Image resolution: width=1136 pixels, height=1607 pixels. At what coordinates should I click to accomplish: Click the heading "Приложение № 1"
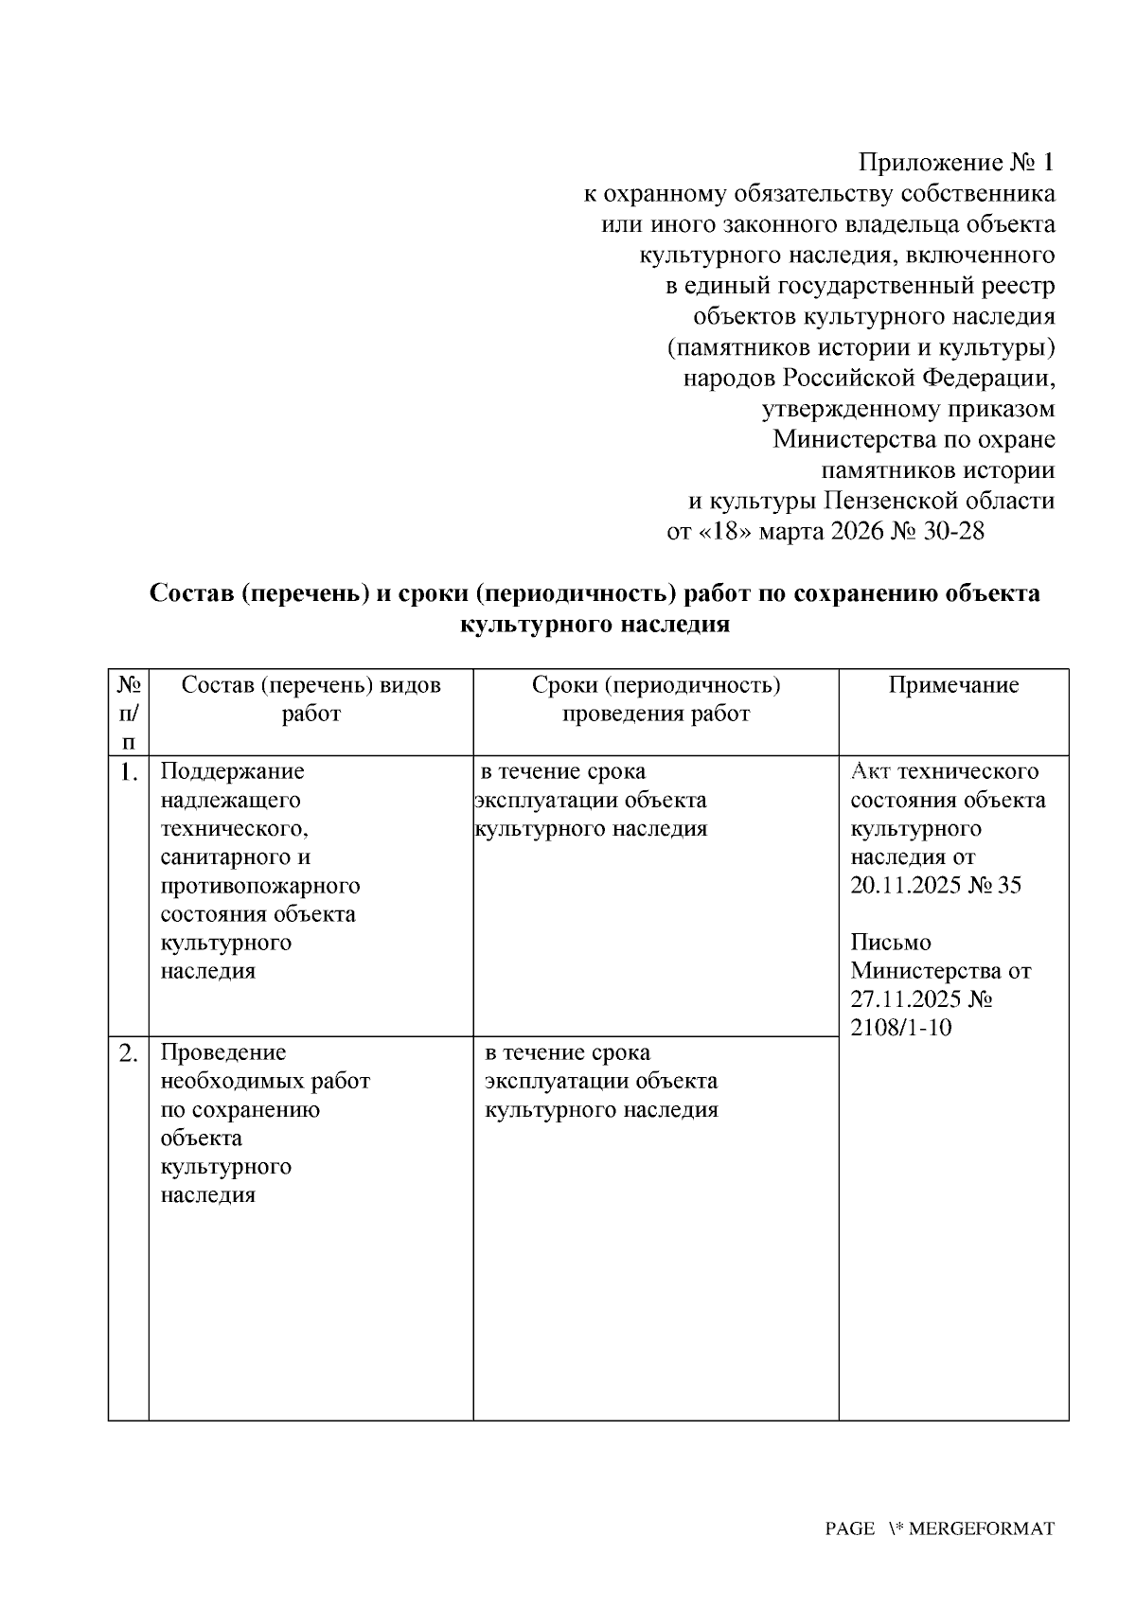point(955,163)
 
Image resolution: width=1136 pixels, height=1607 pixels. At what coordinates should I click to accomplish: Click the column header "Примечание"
point(953,685)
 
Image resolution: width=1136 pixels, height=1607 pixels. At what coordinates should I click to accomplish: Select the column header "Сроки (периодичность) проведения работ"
point(655,699)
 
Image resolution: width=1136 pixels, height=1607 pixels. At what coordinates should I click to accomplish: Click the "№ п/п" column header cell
point(129,712)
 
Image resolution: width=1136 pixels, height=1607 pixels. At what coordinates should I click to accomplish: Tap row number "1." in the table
point(130,773)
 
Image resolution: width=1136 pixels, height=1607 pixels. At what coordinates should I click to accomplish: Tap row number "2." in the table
point(130,1053)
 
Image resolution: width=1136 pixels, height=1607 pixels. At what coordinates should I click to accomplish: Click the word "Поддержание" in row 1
point(233,771)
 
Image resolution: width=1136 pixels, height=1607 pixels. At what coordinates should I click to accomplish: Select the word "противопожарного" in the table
point(260,886)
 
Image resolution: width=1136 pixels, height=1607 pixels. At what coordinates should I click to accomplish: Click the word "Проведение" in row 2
point(223,1052)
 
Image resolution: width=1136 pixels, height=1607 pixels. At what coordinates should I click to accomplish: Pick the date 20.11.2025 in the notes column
point(905,886)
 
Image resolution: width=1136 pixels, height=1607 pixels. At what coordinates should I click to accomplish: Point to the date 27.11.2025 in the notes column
point(905,999)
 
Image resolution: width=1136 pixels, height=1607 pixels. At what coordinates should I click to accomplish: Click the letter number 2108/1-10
point(900,1028)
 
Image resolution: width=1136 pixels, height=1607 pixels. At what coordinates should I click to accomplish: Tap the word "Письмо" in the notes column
point(890,943)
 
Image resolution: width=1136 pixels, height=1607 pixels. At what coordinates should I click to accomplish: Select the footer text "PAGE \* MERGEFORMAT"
point(939,1528)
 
